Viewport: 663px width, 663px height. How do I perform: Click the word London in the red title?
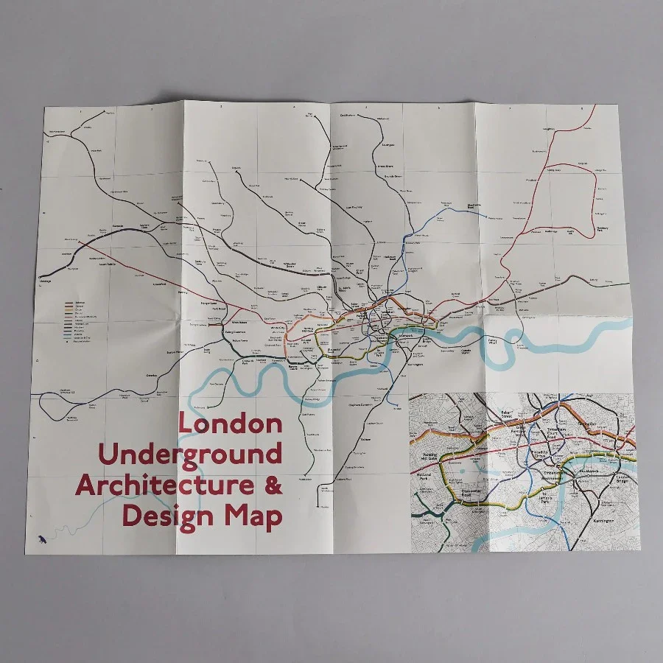pos(230,424)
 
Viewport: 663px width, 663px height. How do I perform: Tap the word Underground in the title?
pos(189,455)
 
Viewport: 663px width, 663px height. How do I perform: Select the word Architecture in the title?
pos(159,485)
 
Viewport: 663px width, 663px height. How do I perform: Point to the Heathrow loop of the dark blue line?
pos(56,404)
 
